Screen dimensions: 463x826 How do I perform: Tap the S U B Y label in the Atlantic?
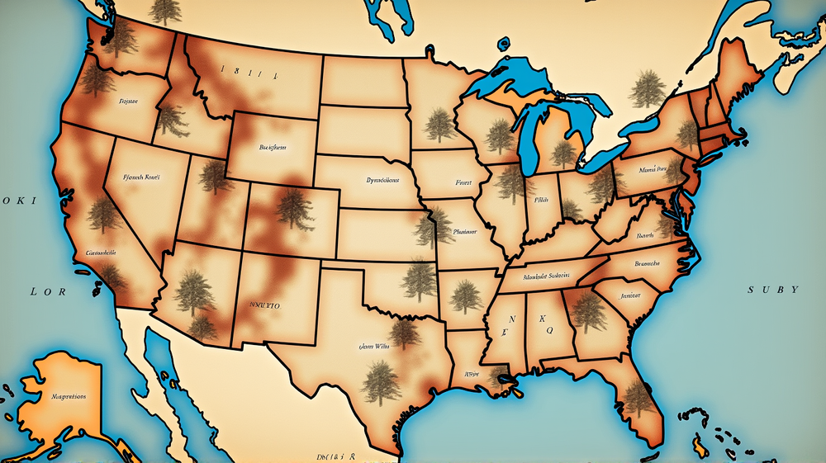[x=773, y=290]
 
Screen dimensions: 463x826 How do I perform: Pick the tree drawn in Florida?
[x=638, y=399]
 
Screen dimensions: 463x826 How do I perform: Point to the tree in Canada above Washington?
[x=166, y=10]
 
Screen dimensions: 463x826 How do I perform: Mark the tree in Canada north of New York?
[x=645, y=89]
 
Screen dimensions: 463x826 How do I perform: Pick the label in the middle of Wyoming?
[x=272, y=148]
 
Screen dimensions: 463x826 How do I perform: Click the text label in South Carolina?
[x=630, y=295]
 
